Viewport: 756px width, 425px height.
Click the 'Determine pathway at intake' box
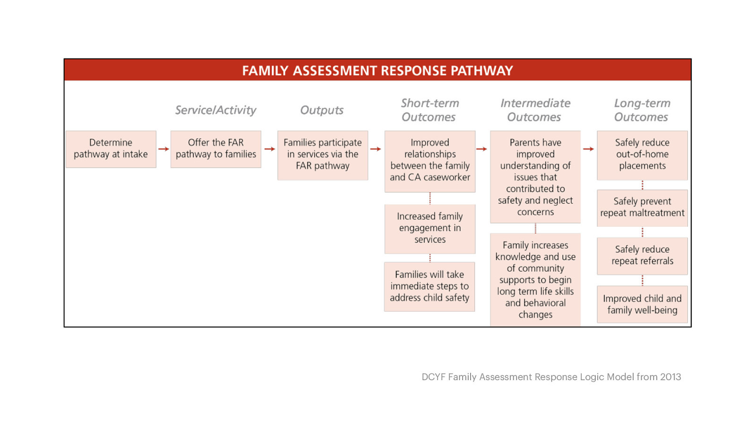[111, 149]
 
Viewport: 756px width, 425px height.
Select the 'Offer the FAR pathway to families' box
[215, 149]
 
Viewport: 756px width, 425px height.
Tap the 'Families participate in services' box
[323, 155]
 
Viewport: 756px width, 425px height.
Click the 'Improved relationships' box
[430, 161]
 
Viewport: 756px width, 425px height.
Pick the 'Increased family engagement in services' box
[430, 228]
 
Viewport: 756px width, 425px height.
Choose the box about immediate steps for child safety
[430, 286]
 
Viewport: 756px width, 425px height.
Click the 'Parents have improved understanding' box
[535, 177]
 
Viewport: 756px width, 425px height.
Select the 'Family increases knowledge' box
[535, 280]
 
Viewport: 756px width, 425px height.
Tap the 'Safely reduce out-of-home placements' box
[642, 155]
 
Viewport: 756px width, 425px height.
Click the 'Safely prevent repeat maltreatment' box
[642, 207]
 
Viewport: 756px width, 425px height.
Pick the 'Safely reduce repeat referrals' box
[642, 255]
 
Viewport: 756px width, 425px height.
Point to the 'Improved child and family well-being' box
[642, 304]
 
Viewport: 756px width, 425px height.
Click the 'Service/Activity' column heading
[215, 110]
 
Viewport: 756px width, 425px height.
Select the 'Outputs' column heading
[322, 110]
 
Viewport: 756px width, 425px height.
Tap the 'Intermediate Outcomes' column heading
[535, 110]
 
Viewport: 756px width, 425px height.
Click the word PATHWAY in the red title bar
[481, 71]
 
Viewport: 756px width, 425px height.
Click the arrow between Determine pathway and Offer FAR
[163, 149]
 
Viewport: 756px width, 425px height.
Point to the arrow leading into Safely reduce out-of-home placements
[588, 149]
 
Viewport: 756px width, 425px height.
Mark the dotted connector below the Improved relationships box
[430, 198]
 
